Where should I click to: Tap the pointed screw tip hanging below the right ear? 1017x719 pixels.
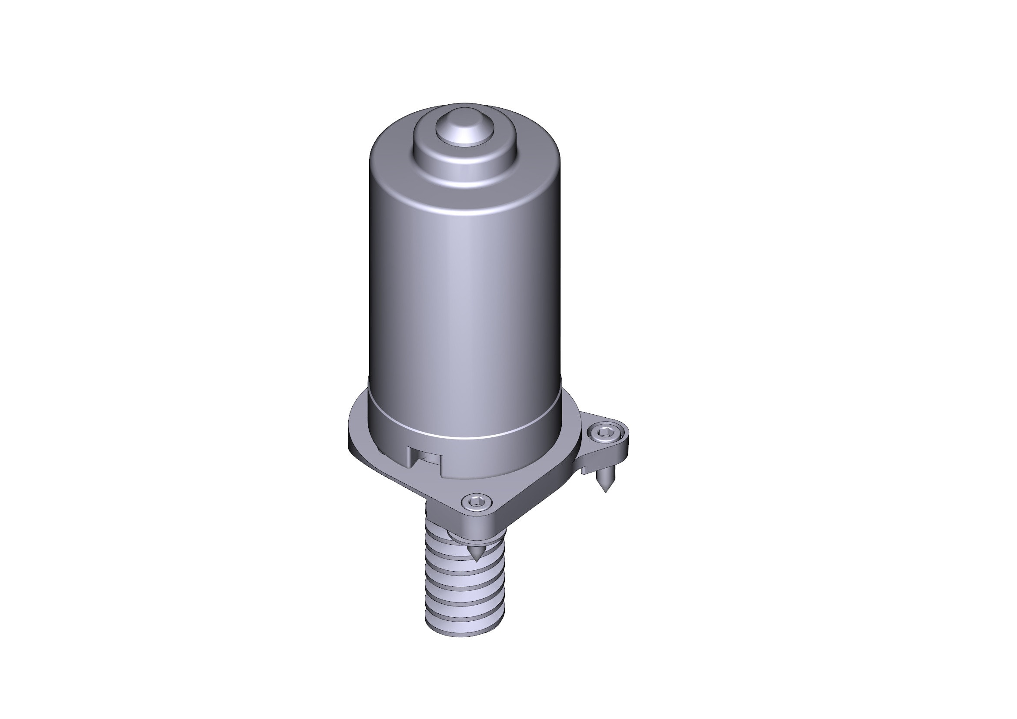click(x=604, y=483)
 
